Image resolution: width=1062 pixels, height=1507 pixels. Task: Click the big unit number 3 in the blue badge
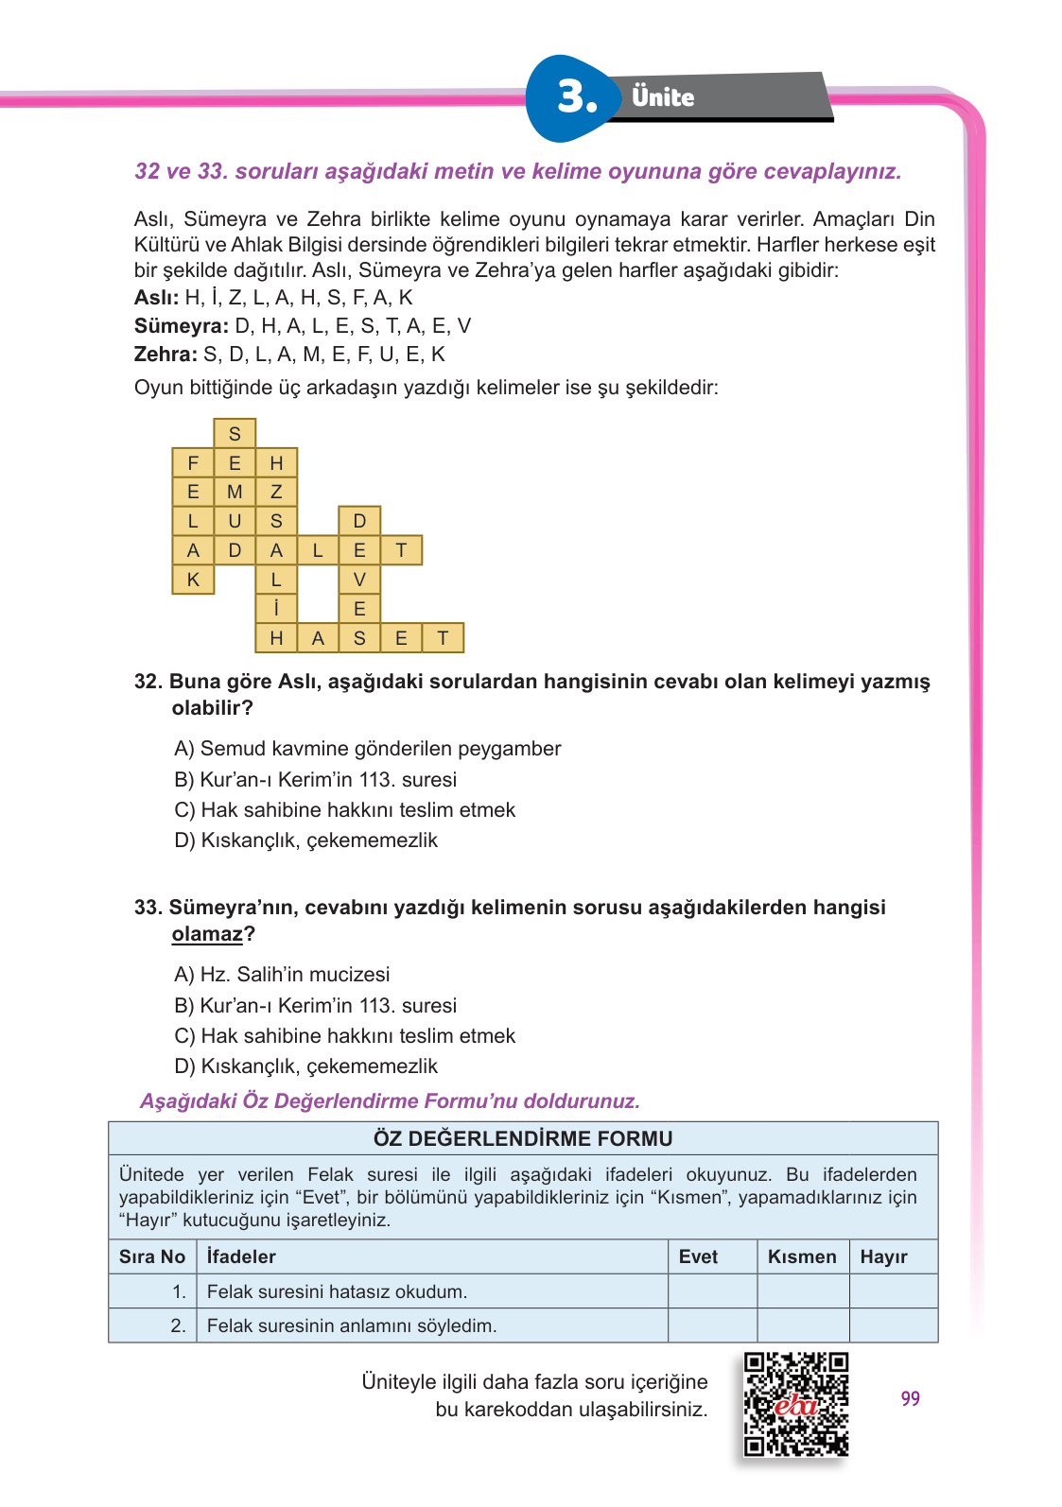(x=577, y=97)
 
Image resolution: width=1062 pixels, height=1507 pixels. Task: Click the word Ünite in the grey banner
(x=663, y=97)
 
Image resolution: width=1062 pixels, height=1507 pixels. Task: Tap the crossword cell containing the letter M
(x=235, y=492)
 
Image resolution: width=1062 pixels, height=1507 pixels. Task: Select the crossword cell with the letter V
(x=359, y=580)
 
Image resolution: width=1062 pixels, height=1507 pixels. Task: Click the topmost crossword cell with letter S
(x=235, y=434)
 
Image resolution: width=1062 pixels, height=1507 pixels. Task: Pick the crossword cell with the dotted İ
(x=276, y=609)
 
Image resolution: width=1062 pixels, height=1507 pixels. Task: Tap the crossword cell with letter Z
(x=276, y=492)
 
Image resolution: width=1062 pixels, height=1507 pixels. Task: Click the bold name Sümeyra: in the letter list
(x=181, y=326)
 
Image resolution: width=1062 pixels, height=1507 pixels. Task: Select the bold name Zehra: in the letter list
(x=165, y=355)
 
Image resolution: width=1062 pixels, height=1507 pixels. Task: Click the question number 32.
(x=148, y=682)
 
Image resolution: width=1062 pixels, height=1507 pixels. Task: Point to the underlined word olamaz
(x=207, y=934)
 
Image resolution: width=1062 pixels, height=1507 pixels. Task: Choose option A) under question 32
(x=184, y=749)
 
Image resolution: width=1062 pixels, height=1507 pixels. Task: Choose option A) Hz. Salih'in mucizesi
(x=282, y=975)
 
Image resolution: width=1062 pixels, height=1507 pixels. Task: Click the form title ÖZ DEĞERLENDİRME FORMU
(x=523, y=1138)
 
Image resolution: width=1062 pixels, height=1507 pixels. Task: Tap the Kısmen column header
(x=802, y=1256)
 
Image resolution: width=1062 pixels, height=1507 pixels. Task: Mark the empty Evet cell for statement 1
(x=712, y=1291)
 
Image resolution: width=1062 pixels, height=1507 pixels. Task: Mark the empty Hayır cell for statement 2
(x=893, y=1325)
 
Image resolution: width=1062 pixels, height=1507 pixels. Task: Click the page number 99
(x=910, y=1398)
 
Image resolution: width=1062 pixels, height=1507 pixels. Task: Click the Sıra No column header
(x=152, y=1256)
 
